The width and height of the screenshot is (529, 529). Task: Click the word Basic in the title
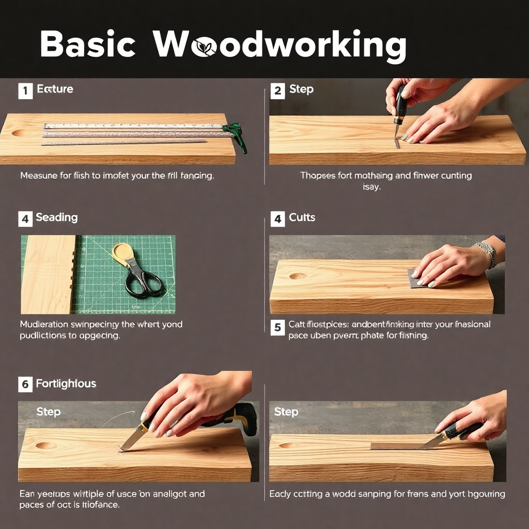pos(88,44)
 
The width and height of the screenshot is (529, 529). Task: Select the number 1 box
pos(25,91)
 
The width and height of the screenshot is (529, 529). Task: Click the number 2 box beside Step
pos(277,91)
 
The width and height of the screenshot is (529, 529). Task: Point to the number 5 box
pos(277,327)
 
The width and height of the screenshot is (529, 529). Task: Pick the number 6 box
pos(25,384)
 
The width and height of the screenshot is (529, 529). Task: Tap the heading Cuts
pos(302,217)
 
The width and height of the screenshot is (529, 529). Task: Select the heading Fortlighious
pos(66,384)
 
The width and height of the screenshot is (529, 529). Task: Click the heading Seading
pos(57,217)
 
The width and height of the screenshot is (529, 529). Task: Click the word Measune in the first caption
pos(39,176)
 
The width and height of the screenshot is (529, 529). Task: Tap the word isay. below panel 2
pos(371,187)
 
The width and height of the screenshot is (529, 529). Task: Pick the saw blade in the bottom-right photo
pos(398,446)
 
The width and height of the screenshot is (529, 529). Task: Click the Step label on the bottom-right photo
pos(286,412)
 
